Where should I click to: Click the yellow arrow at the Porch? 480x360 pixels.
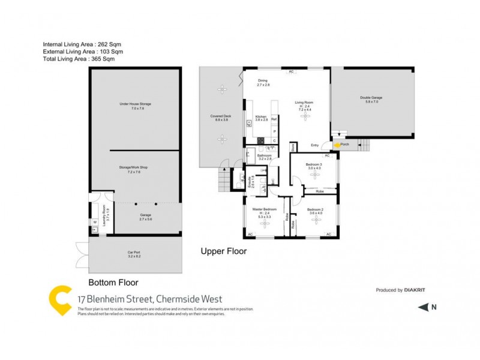337,145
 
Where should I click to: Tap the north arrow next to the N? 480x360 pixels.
423,307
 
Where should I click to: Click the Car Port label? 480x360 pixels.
133,254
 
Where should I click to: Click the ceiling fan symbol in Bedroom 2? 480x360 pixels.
316,220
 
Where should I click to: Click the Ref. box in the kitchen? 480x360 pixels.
274,119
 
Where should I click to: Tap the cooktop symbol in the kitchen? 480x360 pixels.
261,140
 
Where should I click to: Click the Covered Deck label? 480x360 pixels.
219,118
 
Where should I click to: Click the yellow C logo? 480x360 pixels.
59,299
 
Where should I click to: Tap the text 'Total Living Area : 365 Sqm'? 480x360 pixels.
79,59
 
